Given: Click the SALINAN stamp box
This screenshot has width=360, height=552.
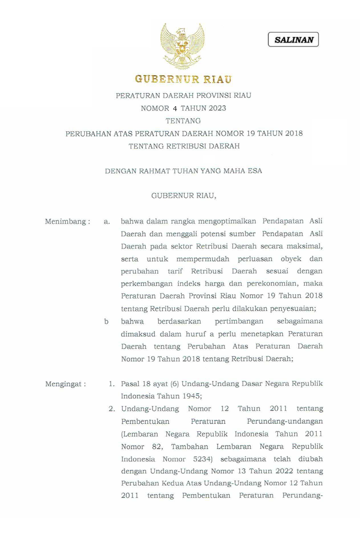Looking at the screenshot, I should click(x=293, y=40).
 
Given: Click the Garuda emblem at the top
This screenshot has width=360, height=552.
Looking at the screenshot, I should click(x=182, y=46).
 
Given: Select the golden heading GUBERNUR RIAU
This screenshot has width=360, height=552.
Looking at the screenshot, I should click(x=183, y=79).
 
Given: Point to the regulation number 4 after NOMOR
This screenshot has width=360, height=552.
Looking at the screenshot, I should click(x=175, y=109).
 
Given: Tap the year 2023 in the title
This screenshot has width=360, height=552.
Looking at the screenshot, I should click(x=217, y=108).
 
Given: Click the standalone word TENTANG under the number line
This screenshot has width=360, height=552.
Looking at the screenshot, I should click(x=183, y=121).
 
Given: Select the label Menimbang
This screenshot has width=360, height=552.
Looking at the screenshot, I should click(x=65, y=221).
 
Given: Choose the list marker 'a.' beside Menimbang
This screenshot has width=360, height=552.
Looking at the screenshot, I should click(x=107, y=222).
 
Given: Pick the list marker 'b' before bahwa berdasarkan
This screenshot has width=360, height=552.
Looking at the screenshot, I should click(x=106, y=322).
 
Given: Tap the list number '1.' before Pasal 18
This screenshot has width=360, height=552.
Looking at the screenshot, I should click(x=112, y=384).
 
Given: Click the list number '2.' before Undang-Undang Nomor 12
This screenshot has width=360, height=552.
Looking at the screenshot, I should click(x=112, y=409).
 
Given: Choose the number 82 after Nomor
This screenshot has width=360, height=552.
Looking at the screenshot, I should click(x=157, y=447).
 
